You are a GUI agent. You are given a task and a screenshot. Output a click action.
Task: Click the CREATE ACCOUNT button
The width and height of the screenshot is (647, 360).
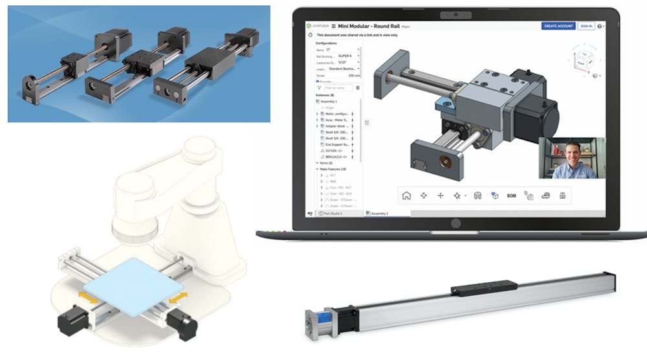[x=557, y=26]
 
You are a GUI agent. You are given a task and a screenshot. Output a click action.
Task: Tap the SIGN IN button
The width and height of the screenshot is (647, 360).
[x=585, y=26]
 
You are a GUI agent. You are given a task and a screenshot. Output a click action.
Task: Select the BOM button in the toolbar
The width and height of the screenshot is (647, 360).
[x=511, y=195]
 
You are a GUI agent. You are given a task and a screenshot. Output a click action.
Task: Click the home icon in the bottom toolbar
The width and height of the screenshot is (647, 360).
[x=406, y=195]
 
